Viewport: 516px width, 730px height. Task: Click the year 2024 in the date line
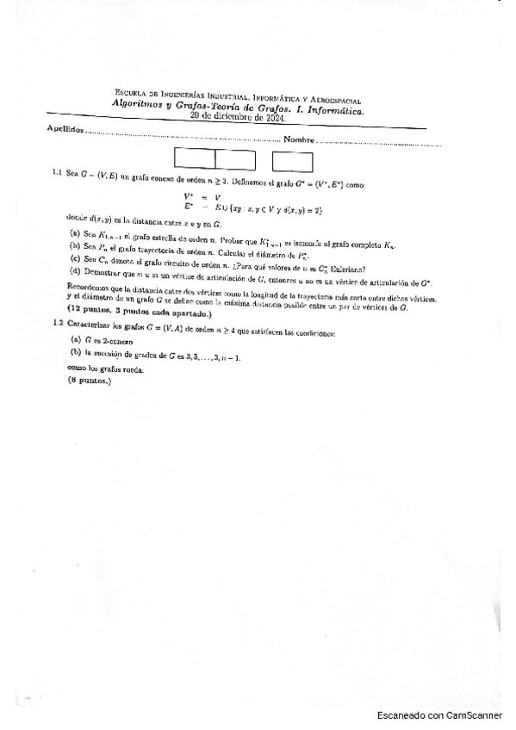pyautogui.click(x=270, y=118)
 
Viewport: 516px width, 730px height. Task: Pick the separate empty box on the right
pyautogui.click(x=292, y=161)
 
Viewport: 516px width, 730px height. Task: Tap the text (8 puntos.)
pyautogui.click(x=90, y=380)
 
